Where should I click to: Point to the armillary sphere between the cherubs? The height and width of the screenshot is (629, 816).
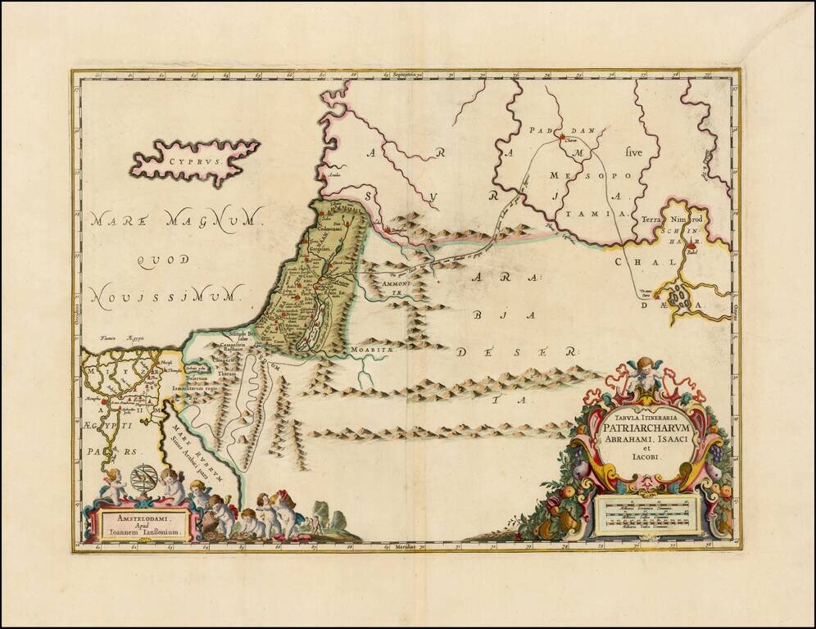[143, 477]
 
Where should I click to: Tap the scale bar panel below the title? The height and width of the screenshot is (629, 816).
[646, 514]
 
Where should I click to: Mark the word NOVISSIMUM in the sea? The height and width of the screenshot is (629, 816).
[168, 292]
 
